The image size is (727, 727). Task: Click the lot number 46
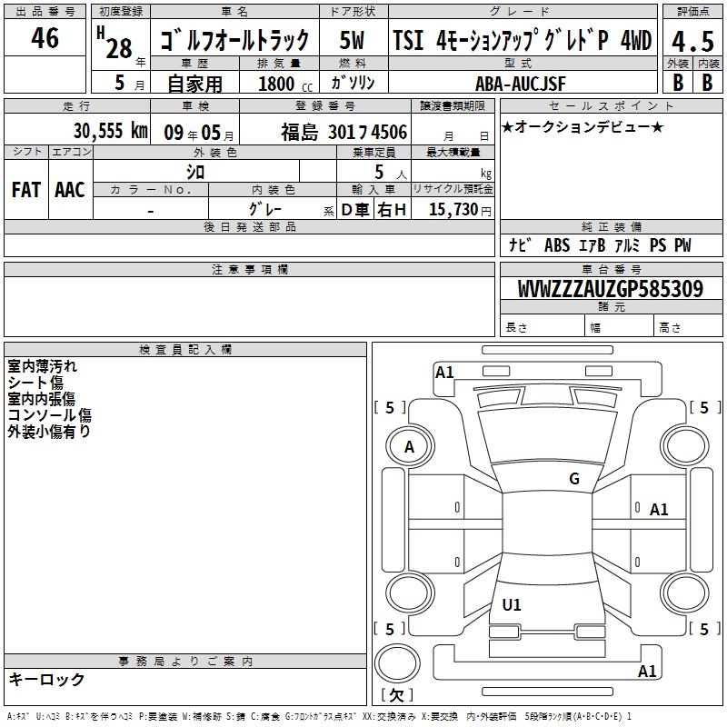point(45,37)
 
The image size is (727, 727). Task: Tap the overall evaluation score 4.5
point(692,42)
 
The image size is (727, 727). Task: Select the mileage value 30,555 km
point(111,131)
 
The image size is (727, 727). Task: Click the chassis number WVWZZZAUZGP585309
point(611,289)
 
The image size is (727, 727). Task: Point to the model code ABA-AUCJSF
point(521,84)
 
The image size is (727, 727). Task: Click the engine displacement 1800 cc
point(285,84)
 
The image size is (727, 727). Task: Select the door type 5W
point(352,40)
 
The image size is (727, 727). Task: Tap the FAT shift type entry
point(26,190)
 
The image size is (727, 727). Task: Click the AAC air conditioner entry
point(70,190)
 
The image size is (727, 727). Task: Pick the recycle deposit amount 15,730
point(453,209)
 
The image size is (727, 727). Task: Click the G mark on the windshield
point(574,479)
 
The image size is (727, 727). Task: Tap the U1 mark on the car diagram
point(512,604)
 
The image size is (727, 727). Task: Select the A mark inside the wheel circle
point(410,447)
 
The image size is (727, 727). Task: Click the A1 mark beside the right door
point(659,510)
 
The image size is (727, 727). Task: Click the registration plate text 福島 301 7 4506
point(344,133)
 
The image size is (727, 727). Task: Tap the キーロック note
point(46,680)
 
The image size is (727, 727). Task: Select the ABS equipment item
point(557,245)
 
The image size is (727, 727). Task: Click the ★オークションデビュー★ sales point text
point(583,126)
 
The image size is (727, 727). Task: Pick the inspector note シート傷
point(35,383)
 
